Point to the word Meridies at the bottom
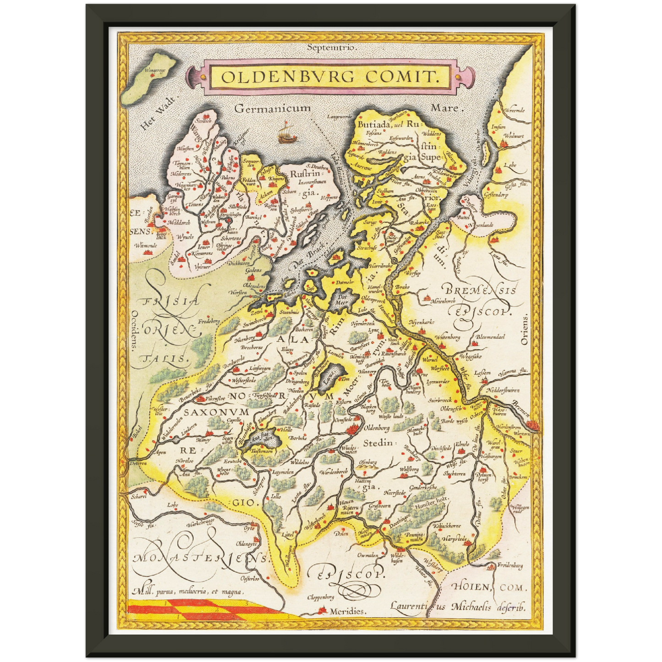click(348, 611)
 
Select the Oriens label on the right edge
click(525, 329)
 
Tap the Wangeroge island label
click(154, 71)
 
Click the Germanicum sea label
click(272, 109)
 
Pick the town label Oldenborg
click(376, 428)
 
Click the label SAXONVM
click(216, 412)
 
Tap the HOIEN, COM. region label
click(489, 587)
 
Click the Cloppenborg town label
click(320, 597)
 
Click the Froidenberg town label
click(510, 566)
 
